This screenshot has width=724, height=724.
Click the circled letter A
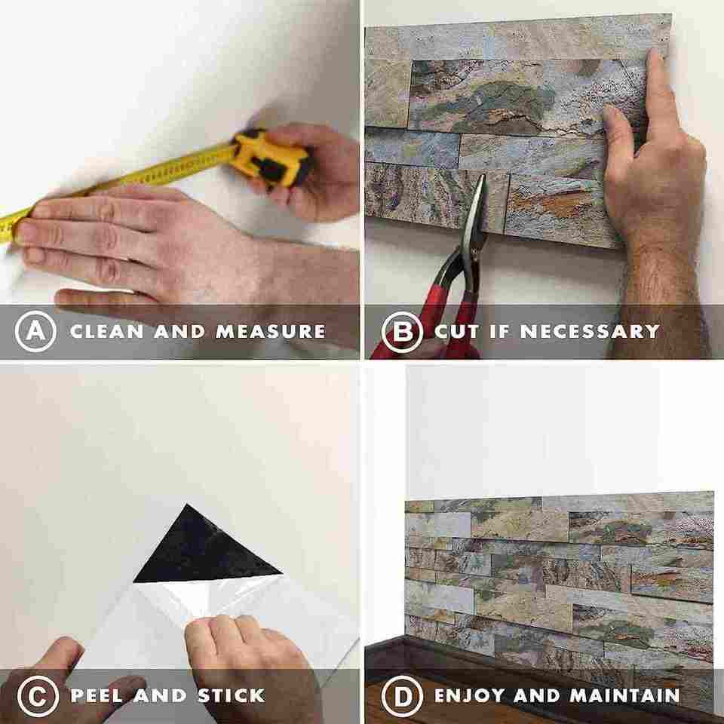pyautogui.click(x=35, y=331)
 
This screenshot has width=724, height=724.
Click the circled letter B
pyautogui.click(x=402, y=332)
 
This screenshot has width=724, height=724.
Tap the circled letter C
pyautogui.click(x=38, y=696)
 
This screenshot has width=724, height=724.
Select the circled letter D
pyautogui.click(x=402, y=696)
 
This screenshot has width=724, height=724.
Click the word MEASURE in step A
pyautogui.click(x=271, y=332)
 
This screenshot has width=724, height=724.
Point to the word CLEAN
pyautogui.click(x=107, y=332)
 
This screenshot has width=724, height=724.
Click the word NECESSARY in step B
pyautogui.click(x=590, y=332)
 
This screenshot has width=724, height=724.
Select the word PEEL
pyautogui.click(x=97, y=696)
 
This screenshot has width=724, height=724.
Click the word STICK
pyautogui.click(x=232, y=696)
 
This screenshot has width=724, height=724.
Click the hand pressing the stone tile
pyautogui.click(x=655, y=185)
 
